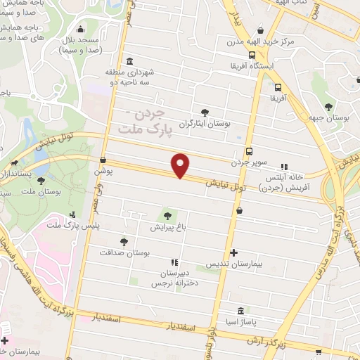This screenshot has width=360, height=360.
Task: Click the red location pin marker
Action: [x=181, y=165]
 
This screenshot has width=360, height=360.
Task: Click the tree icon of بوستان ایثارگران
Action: [x=205, y=112]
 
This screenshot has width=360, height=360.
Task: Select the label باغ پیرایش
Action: [x=167, y=227]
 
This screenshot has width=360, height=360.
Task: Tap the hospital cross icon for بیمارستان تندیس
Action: [x=234, y=252]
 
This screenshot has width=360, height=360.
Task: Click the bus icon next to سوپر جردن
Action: [x=249, y=151]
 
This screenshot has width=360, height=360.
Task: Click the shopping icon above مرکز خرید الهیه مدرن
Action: [x=262, y=31]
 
